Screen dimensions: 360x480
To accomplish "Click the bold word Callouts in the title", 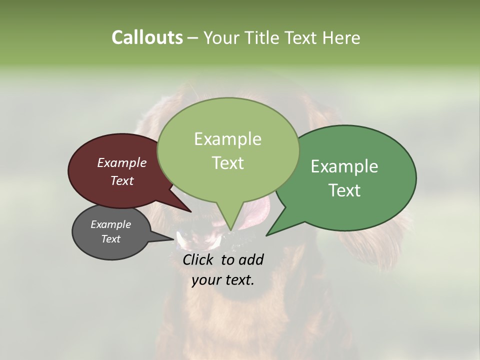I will tap(147, 37).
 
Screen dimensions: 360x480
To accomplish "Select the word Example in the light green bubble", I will tap(227, 139).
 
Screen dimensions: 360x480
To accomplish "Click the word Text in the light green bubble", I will tap(227, 163).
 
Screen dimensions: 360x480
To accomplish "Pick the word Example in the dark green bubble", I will tap(344, 166).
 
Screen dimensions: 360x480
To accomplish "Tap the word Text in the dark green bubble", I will tap(344, 190).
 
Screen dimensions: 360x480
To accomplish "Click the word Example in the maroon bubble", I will tap(122, 162).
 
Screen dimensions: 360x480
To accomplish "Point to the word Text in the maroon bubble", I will tap(122, 180).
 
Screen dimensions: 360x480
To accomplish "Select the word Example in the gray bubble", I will tap(110, 224).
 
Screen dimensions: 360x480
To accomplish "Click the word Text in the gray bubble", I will tap(110, 239).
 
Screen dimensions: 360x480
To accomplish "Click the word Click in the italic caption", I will tap(199, 259).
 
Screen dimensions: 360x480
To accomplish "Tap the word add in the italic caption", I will tap(251, 259).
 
